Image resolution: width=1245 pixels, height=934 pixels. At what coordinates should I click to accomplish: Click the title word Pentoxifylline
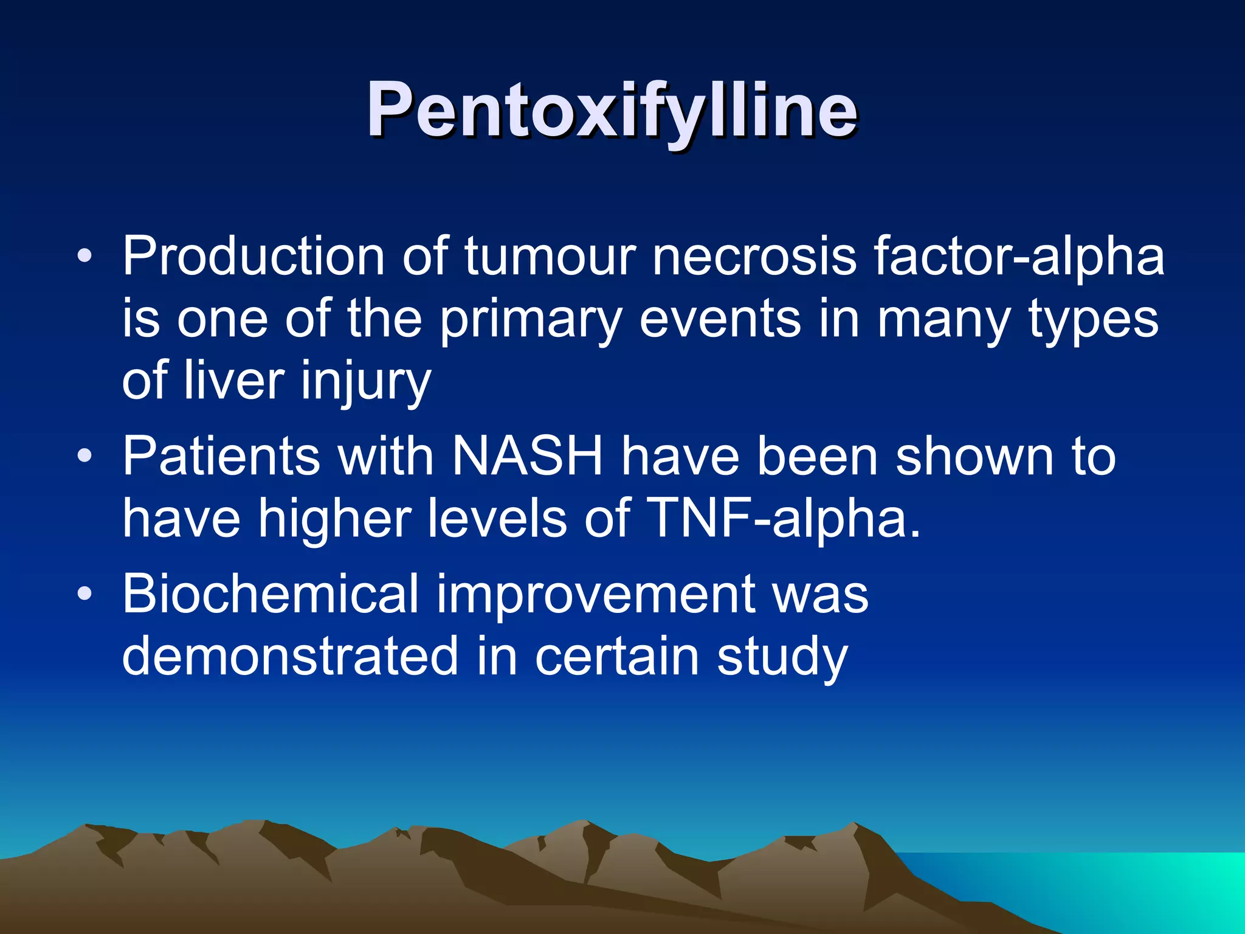[x=612, y=111]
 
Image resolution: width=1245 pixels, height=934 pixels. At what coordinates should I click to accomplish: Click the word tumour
[x=551, y=256]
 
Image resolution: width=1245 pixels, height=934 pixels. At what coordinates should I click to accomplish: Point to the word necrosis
[x=754, y=256]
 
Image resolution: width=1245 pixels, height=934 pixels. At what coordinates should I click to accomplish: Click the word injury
[x=367, y=383]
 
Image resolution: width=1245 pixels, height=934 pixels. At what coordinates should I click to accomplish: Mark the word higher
[x=335, y=519]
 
